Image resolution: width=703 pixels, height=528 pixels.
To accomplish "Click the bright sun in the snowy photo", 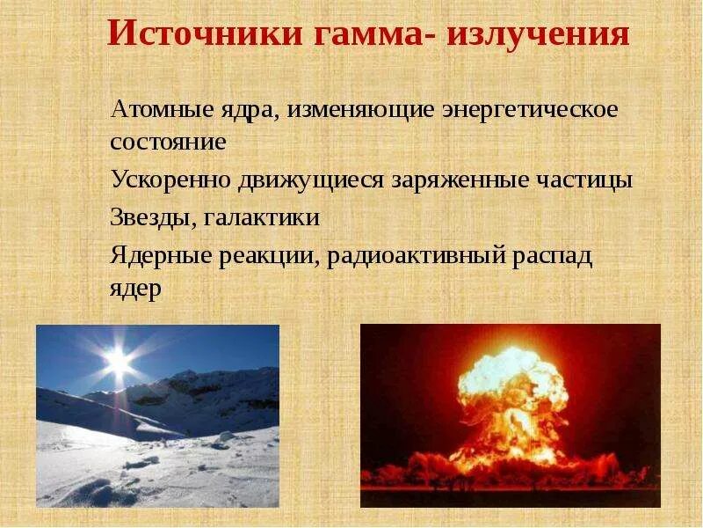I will pos(118,360).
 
